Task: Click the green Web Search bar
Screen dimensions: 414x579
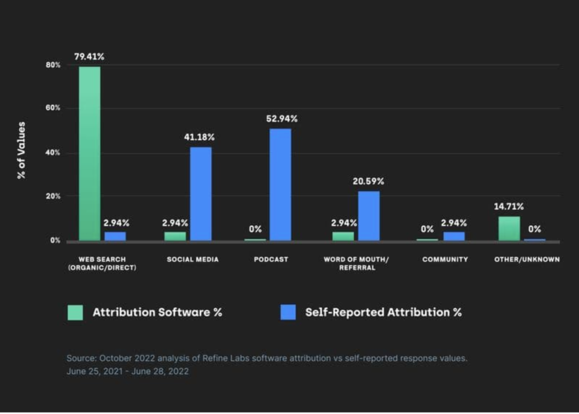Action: tap(89, 153)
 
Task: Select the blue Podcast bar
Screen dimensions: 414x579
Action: tap(280, 184)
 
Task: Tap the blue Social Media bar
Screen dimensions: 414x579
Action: tap(201, 193)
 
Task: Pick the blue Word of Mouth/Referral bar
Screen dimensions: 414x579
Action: tap(369, 215)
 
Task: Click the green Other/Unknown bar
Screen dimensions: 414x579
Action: tap(509, 228)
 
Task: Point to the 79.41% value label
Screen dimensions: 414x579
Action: tap(89, 57)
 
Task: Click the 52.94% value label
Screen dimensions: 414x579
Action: tap(282, 119)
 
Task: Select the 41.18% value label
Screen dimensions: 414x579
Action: tap(199, 137)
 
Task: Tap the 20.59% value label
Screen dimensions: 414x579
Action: tap(368, 182)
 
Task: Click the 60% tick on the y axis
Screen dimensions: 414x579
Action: tap(53, 108)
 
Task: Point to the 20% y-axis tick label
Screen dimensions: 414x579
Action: tap(53, 196)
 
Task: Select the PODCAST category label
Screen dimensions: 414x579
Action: tap(271, 260)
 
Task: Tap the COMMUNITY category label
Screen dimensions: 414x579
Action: tap(445, 260)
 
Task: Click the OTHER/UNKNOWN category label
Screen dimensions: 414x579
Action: tap(527, 260)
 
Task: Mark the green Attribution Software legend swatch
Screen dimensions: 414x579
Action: tap(75, 312)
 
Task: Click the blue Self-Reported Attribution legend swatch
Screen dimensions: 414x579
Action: tap(288, 312)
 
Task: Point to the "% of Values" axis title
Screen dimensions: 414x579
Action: tap(21, 150)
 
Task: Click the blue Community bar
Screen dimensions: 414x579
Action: tap(454, 236)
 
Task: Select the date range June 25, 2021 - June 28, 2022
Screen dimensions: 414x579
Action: tap(128, 372)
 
